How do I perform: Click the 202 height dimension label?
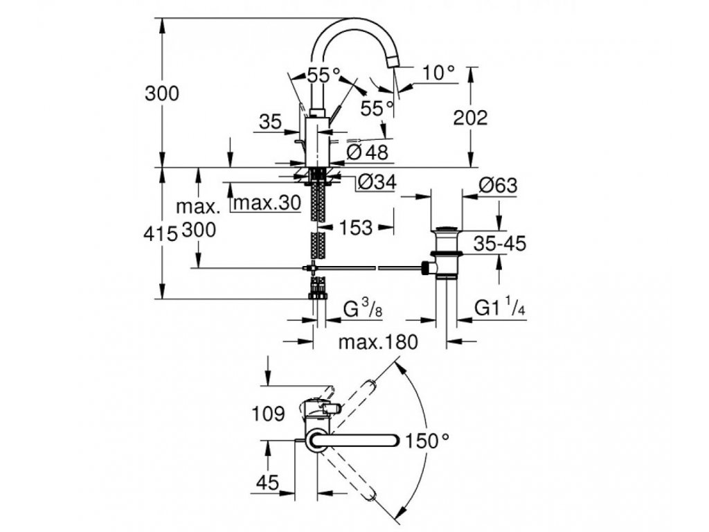click(x=470, y=118)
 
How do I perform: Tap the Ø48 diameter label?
click(x=368, y=152)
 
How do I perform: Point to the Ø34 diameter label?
click(x=377, y=182)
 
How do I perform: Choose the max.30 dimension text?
click(x=267, y=203)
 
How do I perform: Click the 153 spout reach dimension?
click(x=355, y=227)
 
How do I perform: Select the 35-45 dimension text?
click(x=500, y=243)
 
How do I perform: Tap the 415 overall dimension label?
click(x=161, y=234)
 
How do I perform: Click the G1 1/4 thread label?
click(x=500, y=308)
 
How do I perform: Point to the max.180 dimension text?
click(x=378, y=342)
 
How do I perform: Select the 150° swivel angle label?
click(x=427, y=441)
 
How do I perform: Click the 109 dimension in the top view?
click(x=268, y=414)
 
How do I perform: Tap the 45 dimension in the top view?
click(x=268, y=483)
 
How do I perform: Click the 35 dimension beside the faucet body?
click(x=271, y=122)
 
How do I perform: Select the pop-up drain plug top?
click(x=447, y=228)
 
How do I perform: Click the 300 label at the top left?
click(x=162, y=94)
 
